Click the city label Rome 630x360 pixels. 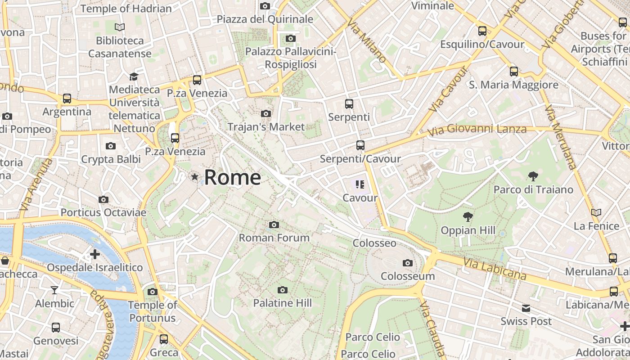click(232, 177)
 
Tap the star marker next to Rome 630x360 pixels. click(195, 177)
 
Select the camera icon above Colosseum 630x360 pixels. click(408, 263)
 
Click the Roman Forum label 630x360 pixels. click(274, 238)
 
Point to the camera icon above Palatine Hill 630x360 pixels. click(282, 290)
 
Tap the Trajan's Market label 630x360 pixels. click(266, 127)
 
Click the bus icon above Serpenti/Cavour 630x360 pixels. click(360, 145)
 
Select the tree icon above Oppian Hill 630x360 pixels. click(468, 217)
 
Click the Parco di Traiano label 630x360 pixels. click(533, 189)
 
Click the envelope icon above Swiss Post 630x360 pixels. click(526, 308)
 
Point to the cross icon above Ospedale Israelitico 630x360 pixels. click(95, 254)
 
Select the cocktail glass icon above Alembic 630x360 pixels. click(54, 290)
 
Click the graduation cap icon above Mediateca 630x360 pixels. click(134, 76)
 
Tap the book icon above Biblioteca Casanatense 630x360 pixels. click(119, 27)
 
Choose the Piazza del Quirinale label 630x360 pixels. click(265, 19)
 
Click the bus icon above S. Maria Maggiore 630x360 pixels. click(513, 71)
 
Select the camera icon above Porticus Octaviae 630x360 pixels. click(103, 199)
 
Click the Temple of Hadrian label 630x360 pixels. click(126, 9)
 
